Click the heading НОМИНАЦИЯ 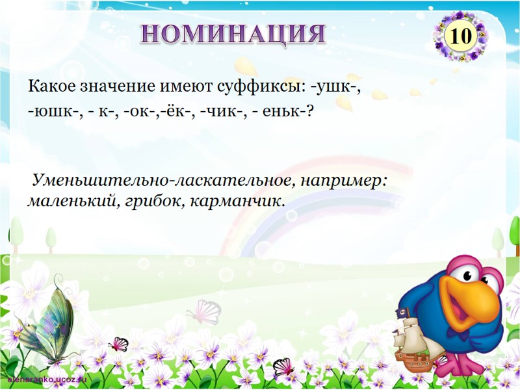click(x=233, y=32)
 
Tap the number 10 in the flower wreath click(x=460, y=36)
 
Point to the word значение click(x=119, y=86)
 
